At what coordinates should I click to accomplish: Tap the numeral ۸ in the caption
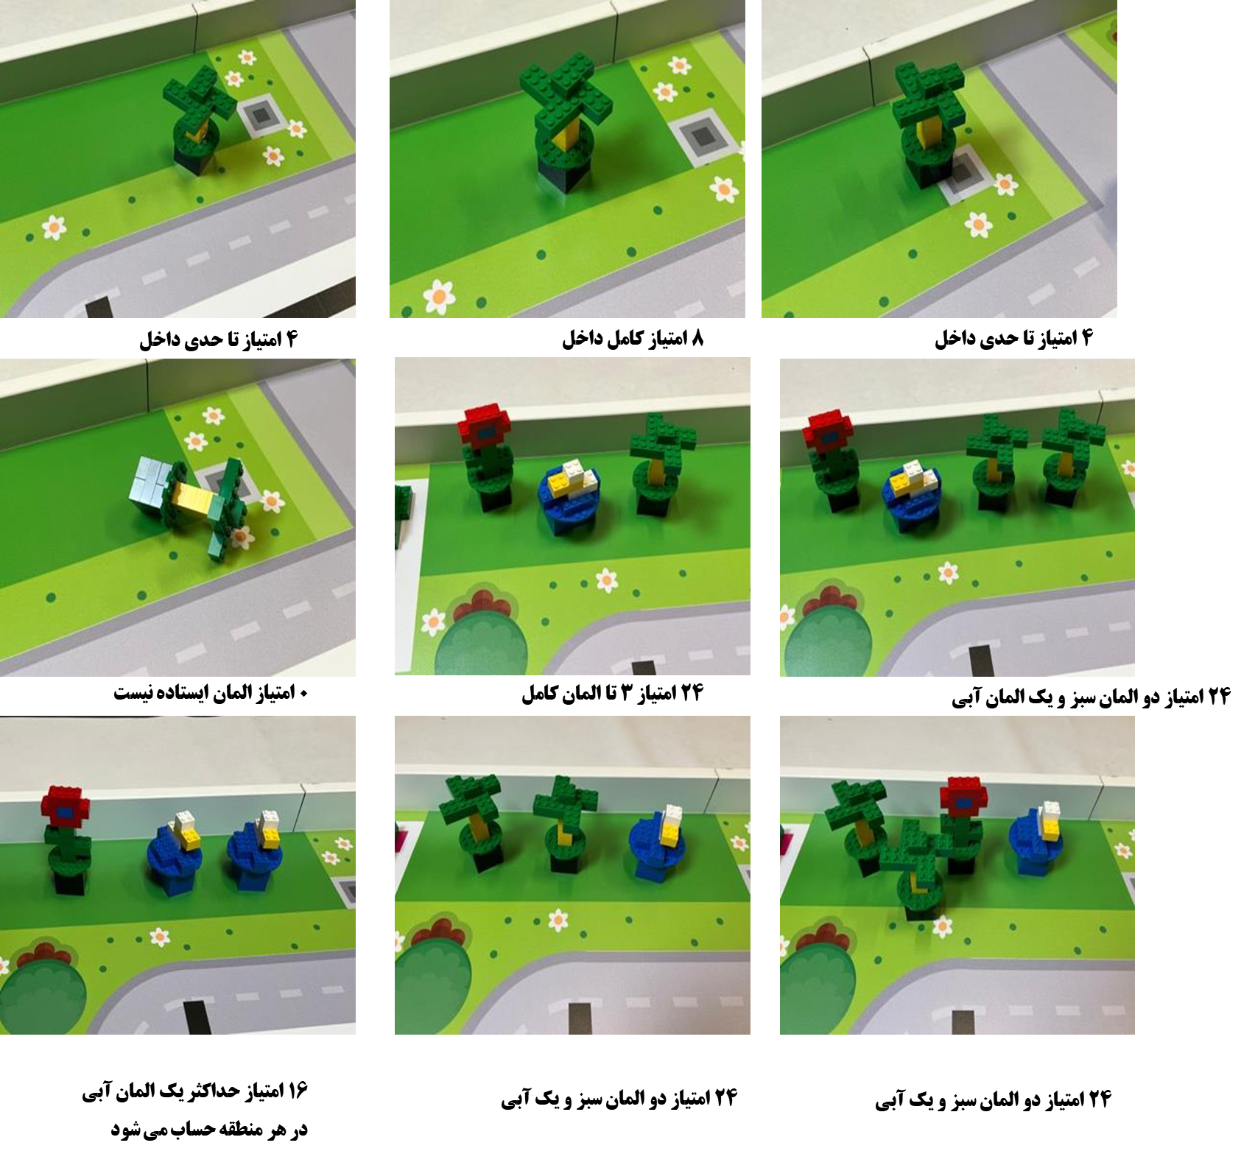(697, 339)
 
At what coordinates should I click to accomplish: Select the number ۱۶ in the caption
(297, 1091)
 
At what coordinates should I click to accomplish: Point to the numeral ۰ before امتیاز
(303, 694)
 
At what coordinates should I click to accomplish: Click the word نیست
(132, 693)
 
